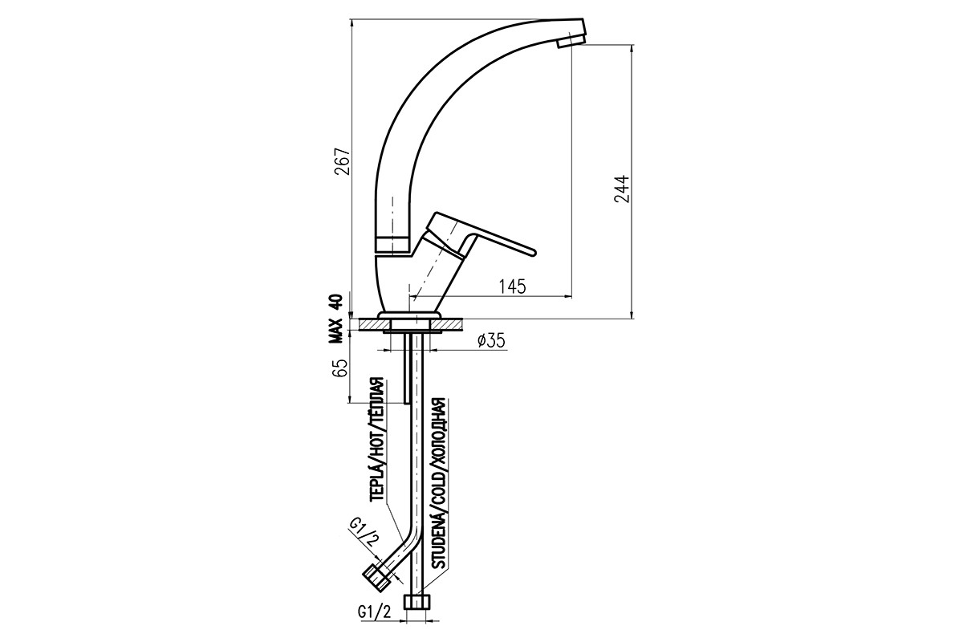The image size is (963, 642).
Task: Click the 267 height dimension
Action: tap(343, 161)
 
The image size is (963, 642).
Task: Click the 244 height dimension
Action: tap(622, 189)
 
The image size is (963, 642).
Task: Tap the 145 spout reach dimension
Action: tap(512, 286)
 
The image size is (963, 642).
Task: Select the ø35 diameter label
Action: tap(491, 341)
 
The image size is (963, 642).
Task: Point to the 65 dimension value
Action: tap(339, 368)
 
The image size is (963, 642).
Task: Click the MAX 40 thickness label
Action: tap(335, 319)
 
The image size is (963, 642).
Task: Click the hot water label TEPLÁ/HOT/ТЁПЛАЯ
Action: tap(377, 440)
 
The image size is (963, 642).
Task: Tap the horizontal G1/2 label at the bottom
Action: tap(374, 624)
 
